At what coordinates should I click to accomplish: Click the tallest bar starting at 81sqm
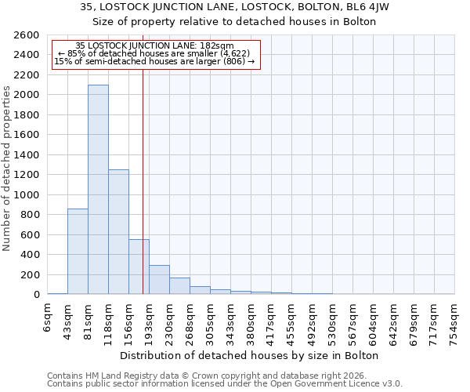pos(98,189)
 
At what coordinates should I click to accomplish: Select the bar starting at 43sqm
pos(78,251)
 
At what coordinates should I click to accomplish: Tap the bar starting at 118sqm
pos(118,231)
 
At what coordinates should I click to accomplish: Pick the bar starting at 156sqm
pos(139,267)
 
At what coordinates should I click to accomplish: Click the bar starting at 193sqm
pos(159,280)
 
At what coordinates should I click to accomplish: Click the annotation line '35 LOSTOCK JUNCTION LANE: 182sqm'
pos(154,46)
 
